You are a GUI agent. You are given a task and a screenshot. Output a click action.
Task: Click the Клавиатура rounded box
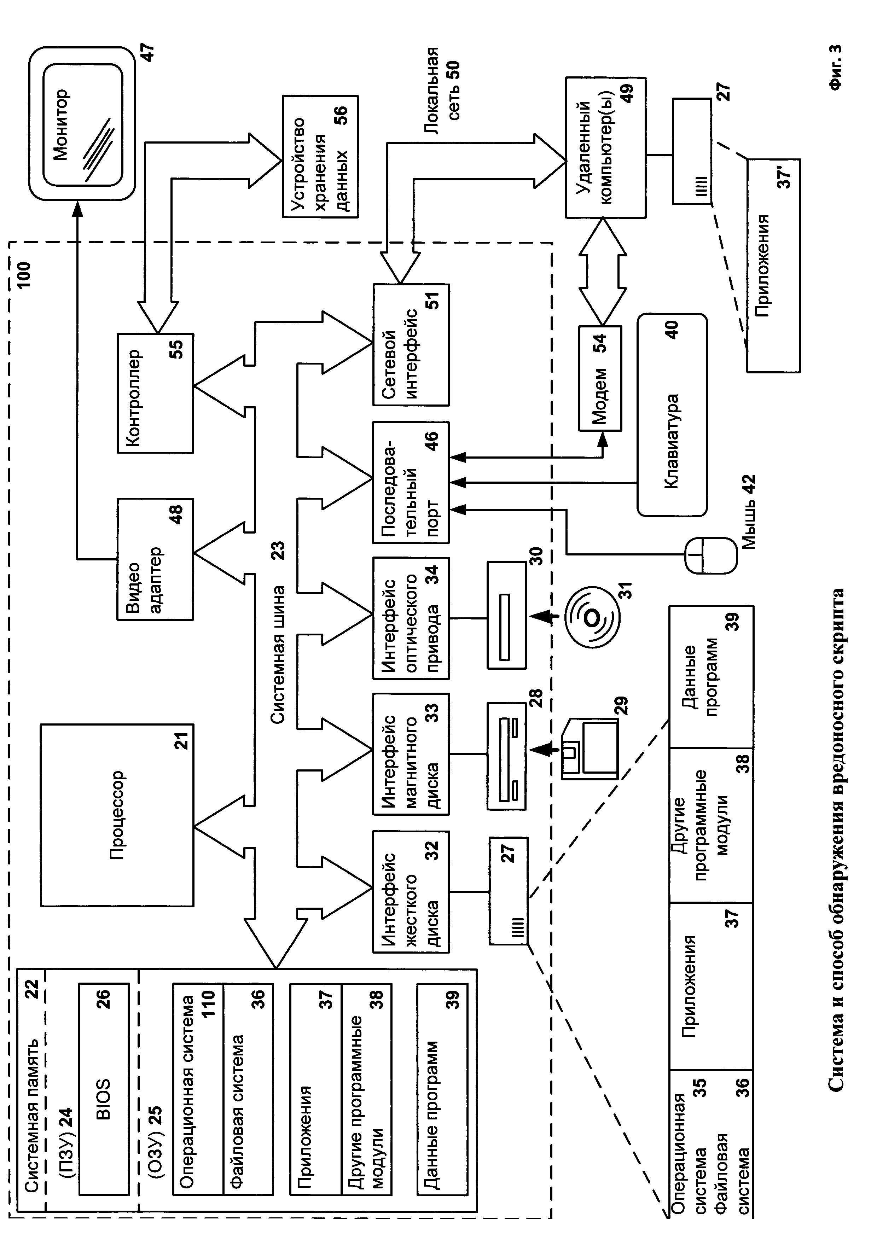coord(672,415)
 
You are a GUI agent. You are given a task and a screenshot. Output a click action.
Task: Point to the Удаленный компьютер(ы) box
coord(605,147)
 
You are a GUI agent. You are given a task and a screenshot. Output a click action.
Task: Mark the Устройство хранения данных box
coord(320,157)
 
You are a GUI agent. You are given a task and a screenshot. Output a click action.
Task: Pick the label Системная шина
coord(278,653)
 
